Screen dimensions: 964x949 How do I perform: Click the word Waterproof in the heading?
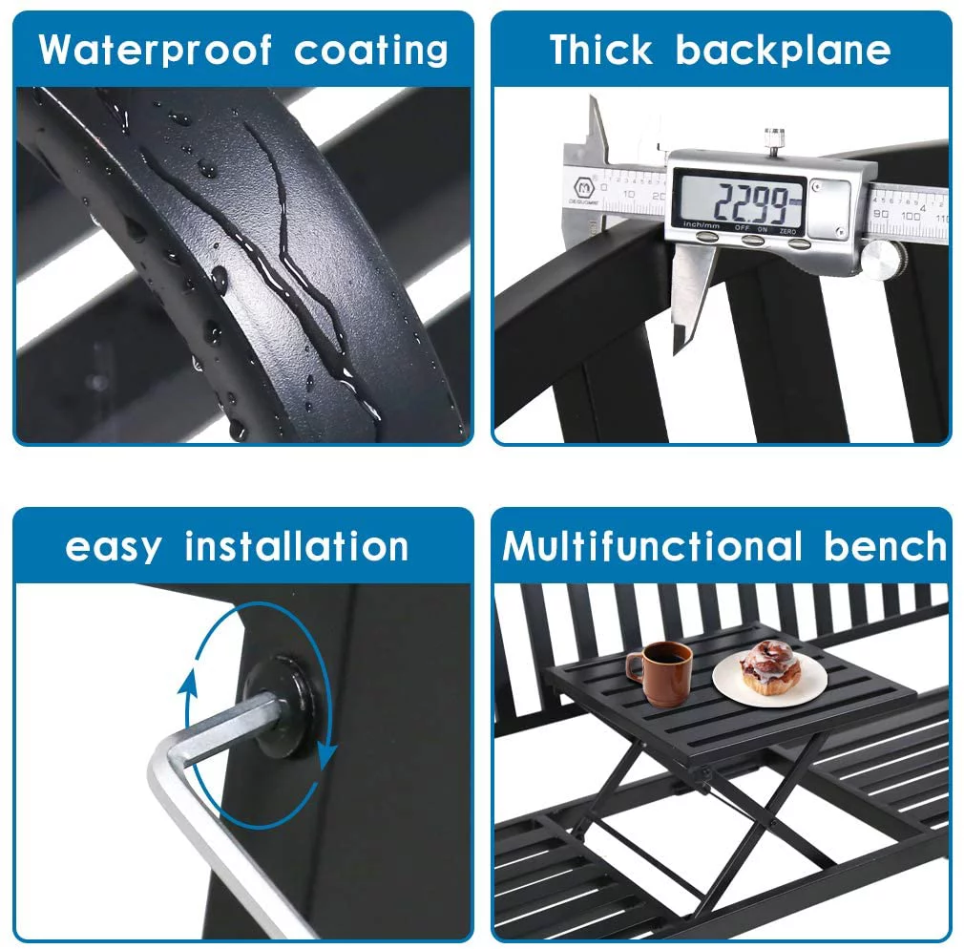tap(155, 51)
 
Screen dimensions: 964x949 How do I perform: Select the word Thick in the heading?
tap(600, 50)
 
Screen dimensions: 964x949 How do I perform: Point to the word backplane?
tap(784, 51)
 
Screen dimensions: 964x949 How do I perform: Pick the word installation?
tap(296, 546)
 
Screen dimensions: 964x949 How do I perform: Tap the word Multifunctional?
tap(652, 545)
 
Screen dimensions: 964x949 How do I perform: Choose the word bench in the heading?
tap(886, 545)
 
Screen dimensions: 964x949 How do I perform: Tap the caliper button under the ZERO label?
tap(799, 243)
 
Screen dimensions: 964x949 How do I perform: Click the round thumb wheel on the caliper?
tap(883, 259)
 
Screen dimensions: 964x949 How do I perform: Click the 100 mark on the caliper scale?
tap(911, 216)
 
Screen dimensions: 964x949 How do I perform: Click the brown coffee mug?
tap(660, 673)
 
